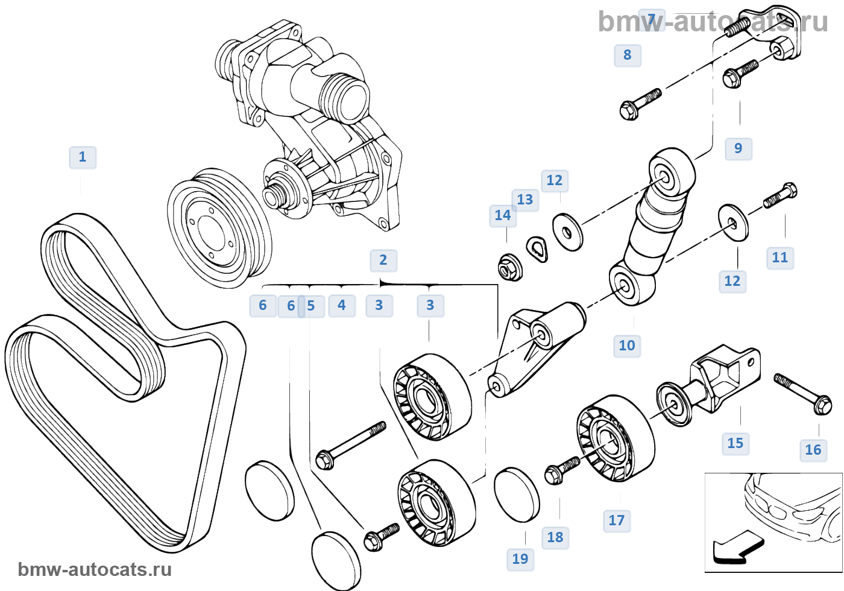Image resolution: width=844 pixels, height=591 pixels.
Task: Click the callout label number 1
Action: click(83, 157)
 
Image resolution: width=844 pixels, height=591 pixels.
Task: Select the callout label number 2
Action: click(383, 260)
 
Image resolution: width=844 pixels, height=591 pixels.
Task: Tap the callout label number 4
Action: click(342, 305)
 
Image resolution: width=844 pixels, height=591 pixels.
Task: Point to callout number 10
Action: click(627, 346)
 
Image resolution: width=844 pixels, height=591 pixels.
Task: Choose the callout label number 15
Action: click(735, 443)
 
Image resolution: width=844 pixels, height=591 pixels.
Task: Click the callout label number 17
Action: click(616, 520)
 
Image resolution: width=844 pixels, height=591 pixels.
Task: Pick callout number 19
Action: click(520, 559)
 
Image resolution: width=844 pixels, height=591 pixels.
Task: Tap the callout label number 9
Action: click(738, 148)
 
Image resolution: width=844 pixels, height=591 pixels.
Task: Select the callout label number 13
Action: click(524, 200)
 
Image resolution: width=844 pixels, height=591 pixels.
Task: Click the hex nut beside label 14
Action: click(510, 268)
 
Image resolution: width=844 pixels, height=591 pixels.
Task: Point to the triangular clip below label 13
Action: click(536, 248)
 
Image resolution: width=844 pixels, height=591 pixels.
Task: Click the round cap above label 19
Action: click(517, 494)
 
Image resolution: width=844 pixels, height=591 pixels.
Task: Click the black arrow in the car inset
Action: click(737, 548)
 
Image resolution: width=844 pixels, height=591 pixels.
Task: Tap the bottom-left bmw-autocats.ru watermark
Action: click(95, 569)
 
